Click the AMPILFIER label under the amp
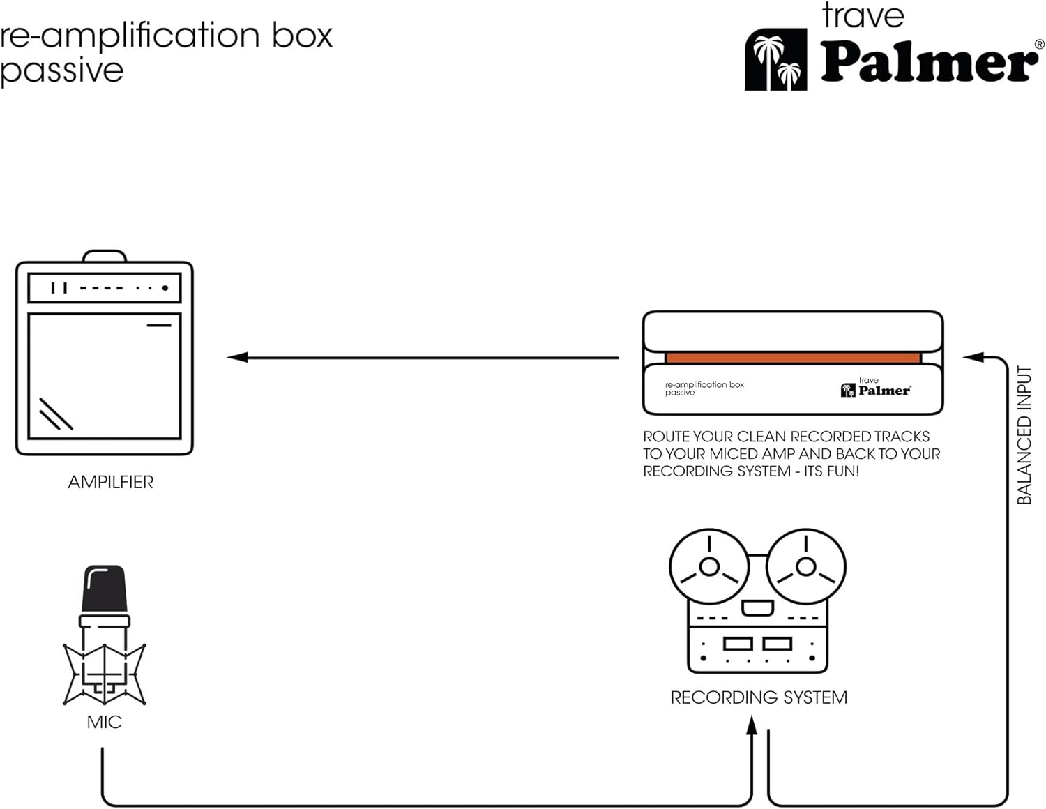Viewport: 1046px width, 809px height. pyautogui.click(x=111, y=482)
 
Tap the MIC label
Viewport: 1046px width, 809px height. pyautogui.click(x=105, y=722)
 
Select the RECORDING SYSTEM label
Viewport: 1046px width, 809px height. pyautogui.click(x=759, y=697)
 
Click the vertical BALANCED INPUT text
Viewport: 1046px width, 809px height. pyautogui.click(x=1024, y=435)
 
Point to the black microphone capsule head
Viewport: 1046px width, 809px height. pyautogui.click(x=105, y=589)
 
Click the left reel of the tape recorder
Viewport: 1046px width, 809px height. pyautogui.click(x=709, y=566)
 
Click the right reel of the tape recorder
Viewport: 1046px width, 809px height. pyautogui.click(x=806, y=566)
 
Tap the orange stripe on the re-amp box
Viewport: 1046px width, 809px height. pyautogui.click(x=793, y=358)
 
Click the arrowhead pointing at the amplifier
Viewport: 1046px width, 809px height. pyautogui.click(x=237, y=357)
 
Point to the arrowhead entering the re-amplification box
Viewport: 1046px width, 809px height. pyautogui.click(x=973, y=357)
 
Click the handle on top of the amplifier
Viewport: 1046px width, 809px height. pyautogui.click(x=105, y=255)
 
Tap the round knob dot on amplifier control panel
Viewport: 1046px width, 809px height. pyautogui.click(x=165, y=288)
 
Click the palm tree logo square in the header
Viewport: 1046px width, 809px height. pyautogui.click(x=776, y=59)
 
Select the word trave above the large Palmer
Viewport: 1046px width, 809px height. pyautogui.click(x=863, y=15)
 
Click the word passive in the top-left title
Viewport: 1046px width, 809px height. pyautogui.click(x=61, y=72)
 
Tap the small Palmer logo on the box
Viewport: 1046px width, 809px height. pyautogui.click(x=876, y=388)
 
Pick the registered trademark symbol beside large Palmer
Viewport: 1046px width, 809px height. pyautogui.click(x=1040, y=44)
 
